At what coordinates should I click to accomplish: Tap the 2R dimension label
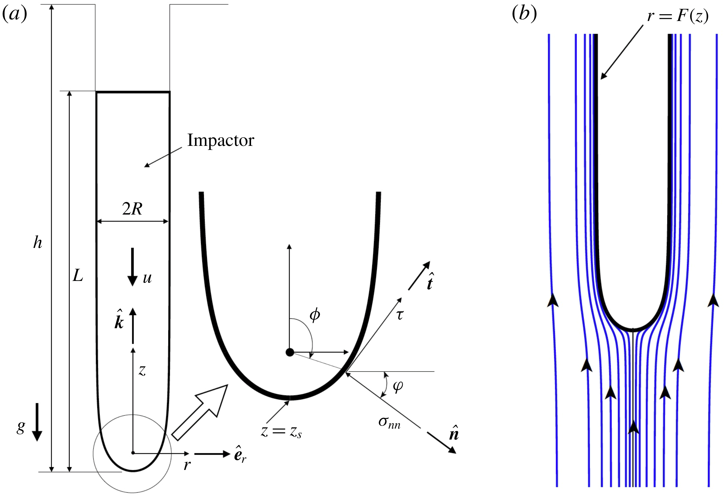click(132, 209)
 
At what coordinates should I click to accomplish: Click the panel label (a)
click(15, 14)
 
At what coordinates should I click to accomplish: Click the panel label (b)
click(524, 14)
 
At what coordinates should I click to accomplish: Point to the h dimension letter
click(37, 242)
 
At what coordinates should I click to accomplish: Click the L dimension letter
click(78, 276)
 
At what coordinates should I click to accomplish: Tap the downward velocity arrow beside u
click(133, 267)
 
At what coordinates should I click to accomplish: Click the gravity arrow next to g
click(37, 422)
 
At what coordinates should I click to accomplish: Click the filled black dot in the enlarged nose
click(290, 353)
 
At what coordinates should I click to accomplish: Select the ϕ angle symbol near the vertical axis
click(314, 315)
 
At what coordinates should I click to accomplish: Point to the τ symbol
click(400, 315)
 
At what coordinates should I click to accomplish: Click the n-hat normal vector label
click(454, 433)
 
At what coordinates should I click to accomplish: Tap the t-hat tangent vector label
click(430, 282)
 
